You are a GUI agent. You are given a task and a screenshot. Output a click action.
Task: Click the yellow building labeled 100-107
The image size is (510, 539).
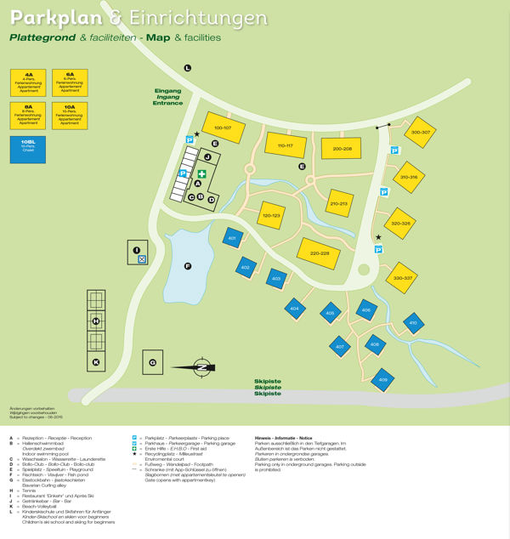coord(223,128)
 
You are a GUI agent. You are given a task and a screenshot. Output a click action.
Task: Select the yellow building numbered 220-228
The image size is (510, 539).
coord(320,252)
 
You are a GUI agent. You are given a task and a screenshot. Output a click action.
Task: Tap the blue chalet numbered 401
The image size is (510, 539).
coord(232,238)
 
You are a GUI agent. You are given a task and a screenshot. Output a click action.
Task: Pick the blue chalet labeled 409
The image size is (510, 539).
coord(382,378)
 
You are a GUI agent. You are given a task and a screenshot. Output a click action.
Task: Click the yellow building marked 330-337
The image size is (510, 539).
coord(402,278)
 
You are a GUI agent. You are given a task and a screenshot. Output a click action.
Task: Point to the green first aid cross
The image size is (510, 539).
coord(201,174)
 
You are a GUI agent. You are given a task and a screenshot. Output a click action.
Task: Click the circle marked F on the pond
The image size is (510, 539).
coord(187,267)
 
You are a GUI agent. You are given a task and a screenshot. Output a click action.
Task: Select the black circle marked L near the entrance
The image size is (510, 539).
coord(188,67)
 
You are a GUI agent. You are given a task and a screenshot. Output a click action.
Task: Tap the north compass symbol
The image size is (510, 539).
coord(201,366)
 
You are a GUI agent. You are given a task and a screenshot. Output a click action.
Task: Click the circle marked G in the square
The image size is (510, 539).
coord(152,363)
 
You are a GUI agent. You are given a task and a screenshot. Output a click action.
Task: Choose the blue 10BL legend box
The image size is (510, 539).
coord(28,148)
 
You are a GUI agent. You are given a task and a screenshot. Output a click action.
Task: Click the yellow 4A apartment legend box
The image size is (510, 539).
coord(28,82)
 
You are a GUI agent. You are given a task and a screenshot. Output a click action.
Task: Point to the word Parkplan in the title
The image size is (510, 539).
coord(55,18)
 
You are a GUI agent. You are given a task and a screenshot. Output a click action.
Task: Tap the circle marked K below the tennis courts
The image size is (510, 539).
coord(96,362)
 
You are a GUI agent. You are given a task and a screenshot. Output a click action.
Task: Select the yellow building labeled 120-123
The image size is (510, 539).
coord(271,216)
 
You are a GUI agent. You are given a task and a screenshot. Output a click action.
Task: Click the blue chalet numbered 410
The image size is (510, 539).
coord(413,323)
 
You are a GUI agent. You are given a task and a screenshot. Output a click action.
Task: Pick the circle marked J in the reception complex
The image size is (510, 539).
coord(207,157)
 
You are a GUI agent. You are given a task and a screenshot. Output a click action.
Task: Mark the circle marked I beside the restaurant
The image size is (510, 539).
coord(136,249)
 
